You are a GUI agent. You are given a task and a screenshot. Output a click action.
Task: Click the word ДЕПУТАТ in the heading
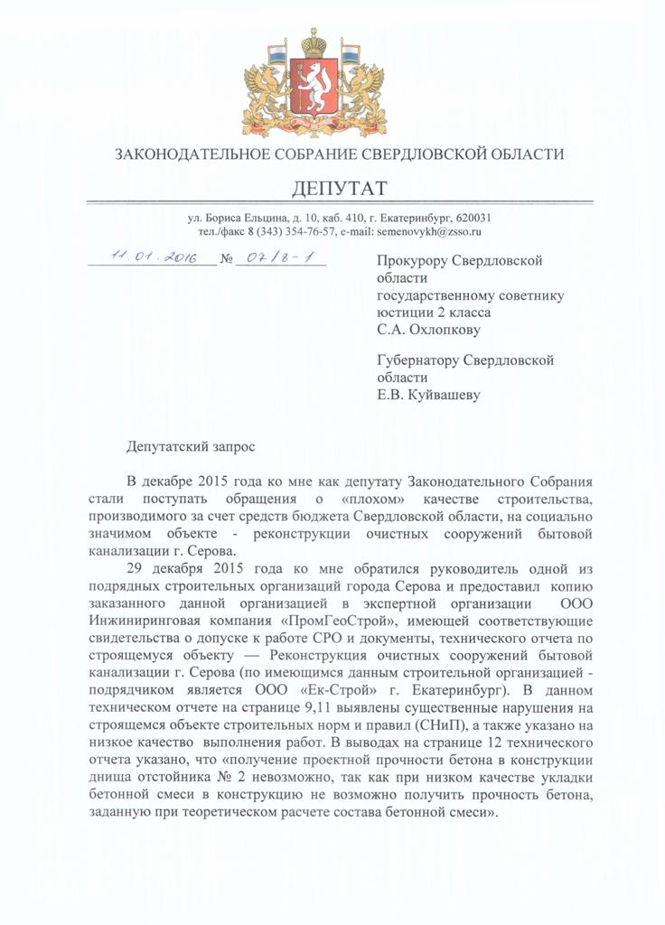[x=339, y=188]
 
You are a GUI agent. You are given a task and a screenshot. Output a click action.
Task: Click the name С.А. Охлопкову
[x=428, y=330]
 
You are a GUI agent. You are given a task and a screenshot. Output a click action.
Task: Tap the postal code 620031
[x=471, y=218]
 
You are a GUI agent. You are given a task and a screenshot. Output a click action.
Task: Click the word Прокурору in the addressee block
[x=412, y=261]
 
